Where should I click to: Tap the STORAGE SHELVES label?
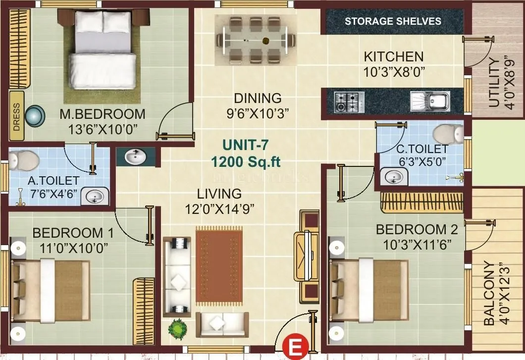[393, 21]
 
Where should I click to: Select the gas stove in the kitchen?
[349, 102]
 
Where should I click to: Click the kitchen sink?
[429, 102]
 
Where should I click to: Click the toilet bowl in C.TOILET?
[448, 134]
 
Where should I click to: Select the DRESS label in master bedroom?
[16, 116]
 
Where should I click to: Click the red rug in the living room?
[219, 266]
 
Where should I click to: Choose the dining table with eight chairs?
[256, 39]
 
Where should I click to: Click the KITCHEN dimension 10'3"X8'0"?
[394, 72]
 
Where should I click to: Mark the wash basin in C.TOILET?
[394, 177]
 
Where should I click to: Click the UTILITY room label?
[494, 83]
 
